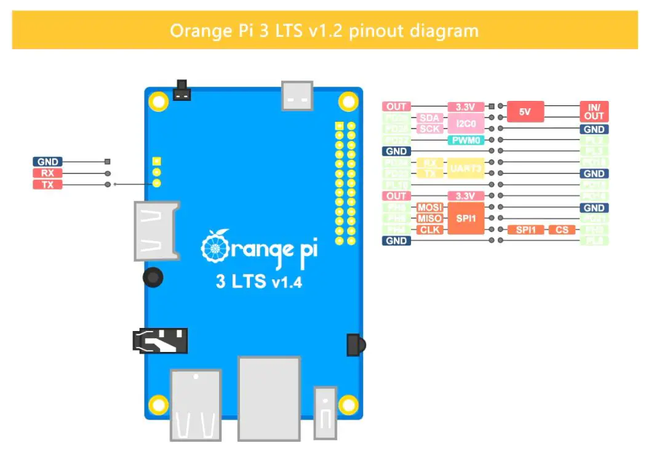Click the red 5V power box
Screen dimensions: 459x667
[x=524, y=112]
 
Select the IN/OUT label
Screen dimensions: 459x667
[x=594, y=112]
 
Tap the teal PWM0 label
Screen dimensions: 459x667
[x=466, y=140]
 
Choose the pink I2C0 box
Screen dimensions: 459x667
[x=466, y=123]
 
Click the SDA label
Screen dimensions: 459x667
[x=430, y=118]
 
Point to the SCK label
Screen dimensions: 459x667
[x=430, y=129]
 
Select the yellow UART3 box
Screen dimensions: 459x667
[x=466, y=169]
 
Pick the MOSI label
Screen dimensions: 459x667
[x=430, y=207]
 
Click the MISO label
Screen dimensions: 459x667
[x=430, y=218]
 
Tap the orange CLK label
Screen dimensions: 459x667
[x=430, y=229]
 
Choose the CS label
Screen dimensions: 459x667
[x=562, y=229]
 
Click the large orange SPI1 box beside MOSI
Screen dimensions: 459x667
[x=466, y=218]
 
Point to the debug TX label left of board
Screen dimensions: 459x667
[x=47, y=185]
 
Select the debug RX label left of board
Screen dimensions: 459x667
[x=47, y=174]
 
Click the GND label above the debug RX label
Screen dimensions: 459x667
[x=47, y=162]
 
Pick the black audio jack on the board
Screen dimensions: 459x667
[x=159, y=340]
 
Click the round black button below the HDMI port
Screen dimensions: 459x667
[x=154, y=277]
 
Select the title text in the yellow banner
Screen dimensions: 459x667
[x=324, y=30]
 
